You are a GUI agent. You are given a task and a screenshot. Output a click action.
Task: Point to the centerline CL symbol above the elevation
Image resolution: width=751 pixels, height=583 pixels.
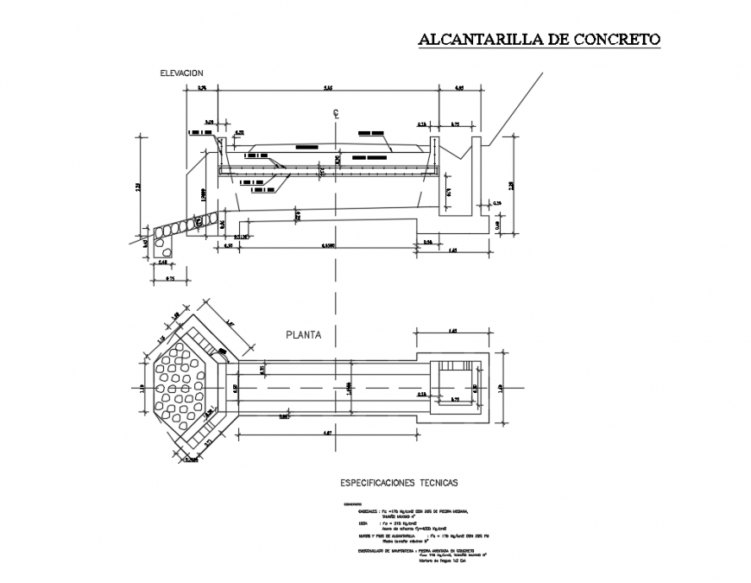click(332, 113)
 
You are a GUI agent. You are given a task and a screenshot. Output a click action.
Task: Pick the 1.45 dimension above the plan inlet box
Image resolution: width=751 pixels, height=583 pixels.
click(452, 331)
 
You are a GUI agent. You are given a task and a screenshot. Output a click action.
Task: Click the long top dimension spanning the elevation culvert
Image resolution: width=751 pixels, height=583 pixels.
click(329, 88)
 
